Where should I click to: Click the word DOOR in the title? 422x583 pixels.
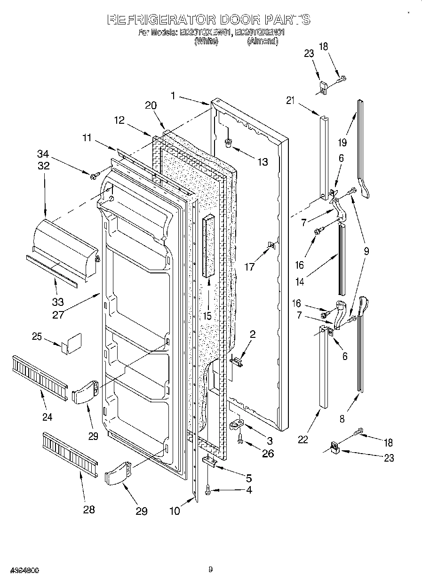coord(236,20)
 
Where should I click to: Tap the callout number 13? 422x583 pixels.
coord(262,162)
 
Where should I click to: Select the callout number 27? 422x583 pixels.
coord(58,315)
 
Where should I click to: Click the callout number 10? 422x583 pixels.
coord(175,511)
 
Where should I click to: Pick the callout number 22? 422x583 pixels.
coord(303,439)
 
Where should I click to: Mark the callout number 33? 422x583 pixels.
coord(57,302)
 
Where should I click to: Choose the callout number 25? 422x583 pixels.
coord(37,336)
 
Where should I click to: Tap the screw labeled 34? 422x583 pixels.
coord(94,176)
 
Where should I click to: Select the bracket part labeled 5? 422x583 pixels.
coord(209,462)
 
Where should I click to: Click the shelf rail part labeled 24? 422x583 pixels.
coord(40,375)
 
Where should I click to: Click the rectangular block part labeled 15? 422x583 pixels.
coord(209,246)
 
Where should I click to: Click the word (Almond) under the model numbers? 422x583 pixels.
coord(262,41)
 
